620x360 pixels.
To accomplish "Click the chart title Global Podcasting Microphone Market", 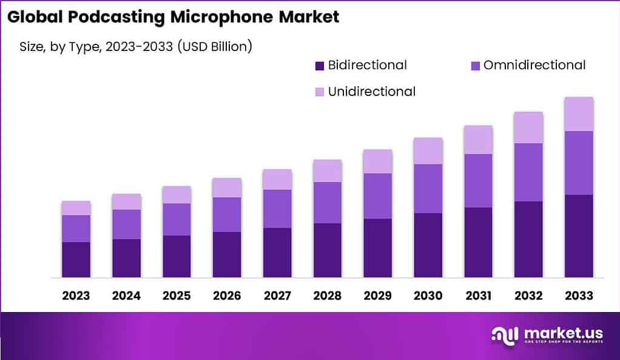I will pyautogui.click(x=174, y=17).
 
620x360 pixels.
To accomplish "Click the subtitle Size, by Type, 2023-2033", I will pyautogui.click(x=131, y=46).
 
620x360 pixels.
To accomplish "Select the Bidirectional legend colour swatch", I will pyautogui.click(x=319, y=65).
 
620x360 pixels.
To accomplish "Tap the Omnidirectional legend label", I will pyautogui.click(x=534, y=65).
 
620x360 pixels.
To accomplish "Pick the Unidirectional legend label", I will pyautogui.click(x=371, y=92).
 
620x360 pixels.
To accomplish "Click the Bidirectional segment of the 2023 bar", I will pyautogui.click(x=76, y=260).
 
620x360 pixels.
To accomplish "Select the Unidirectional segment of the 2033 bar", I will pyautogui.click(x=579, y=114).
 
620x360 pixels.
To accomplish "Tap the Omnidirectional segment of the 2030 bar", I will pyautogui.click(x=428, y=188).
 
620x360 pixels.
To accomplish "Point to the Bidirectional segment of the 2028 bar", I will pyautogui.click(x=328, y=250).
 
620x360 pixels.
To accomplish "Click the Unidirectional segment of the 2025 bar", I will pyautogui.click(x=177, y=194).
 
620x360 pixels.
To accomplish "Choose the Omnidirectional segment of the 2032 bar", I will pyautogui.click(x=528, y=172).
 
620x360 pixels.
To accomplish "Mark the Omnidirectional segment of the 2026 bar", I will pyautogui.click(x=227, y=214).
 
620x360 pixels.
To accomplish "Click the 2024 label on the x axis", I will pyautogui.click(x=126, y=296).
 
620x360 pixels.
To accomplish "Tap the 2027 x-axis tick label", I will pyautogui.click(x=277, y=296).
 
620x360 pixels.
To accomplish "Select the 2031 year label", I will pyautogui.click(x=478, y=296).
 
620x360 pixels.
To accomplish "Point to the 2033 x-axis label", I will pyautogui.click(x=579, y=296).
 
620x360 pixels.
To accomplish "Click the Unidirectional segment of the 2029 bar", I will pyautogui.click(x=377, y=161).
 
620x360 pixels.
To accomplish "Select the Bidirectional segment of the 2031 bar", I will pyautogui.click(x=478, y=242).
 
